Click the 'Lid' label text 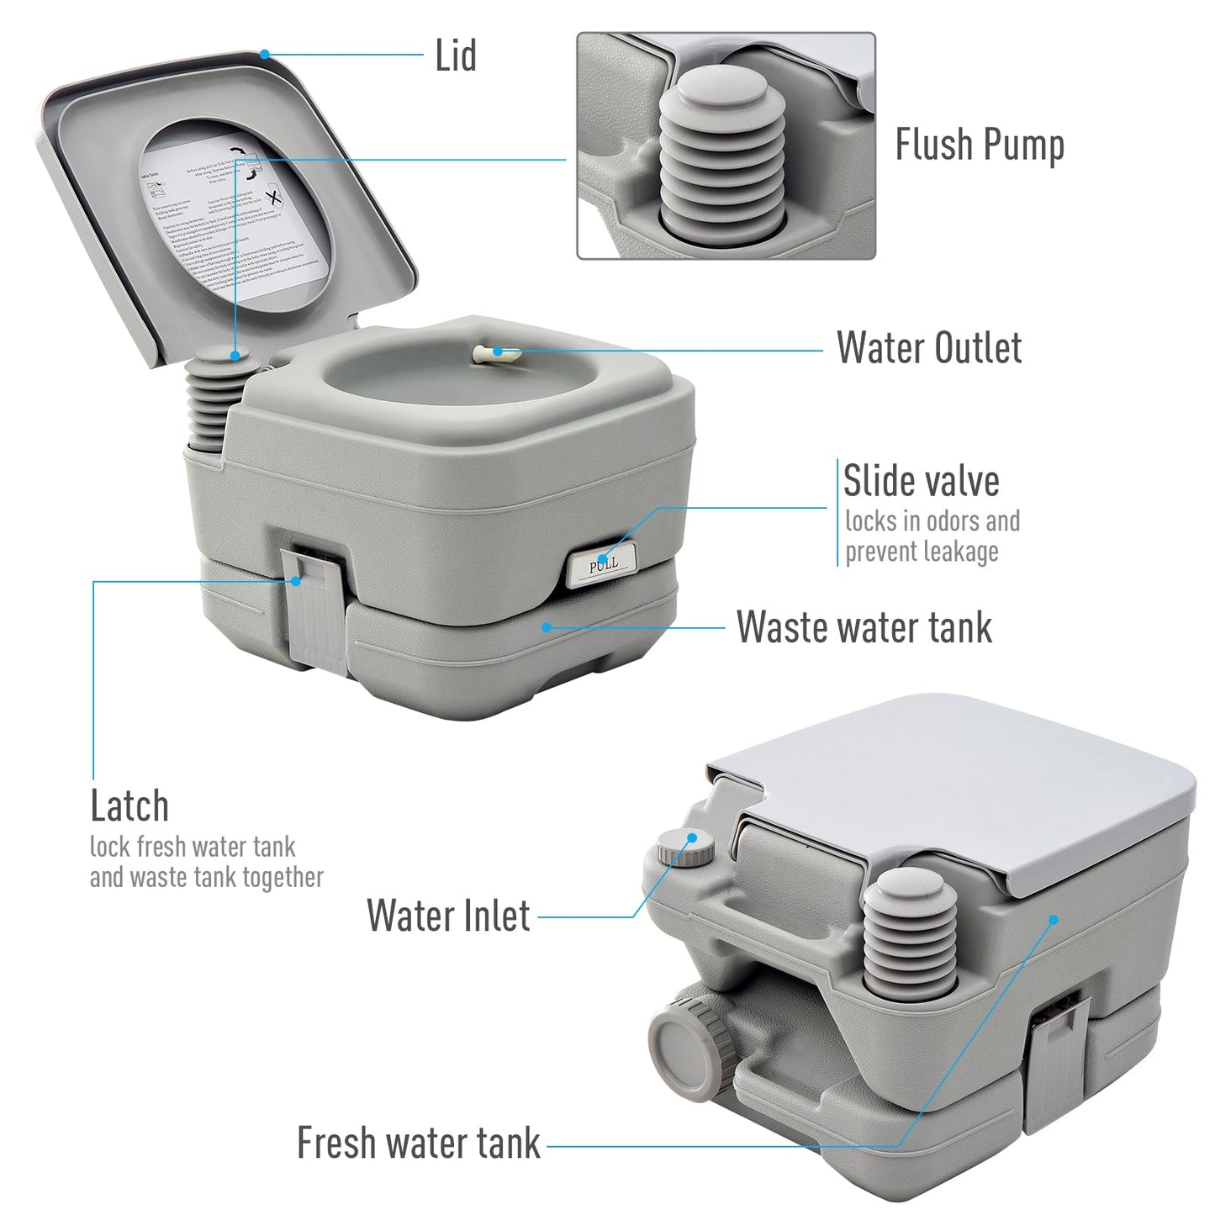pos(456,56)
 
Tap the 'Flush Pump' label pos(979,145)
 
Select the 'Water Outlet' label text pos(928,348)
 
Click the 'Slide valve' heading pos(921,482)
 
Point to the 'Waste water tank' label pos(864,627)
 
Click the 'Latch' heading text pos(129,806)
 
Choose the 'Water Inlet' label pos(448,916)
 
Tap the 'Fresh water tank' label pos(418,1144)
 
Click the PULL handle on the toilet pos(602,565)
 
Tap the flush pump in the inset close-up pos(721,156)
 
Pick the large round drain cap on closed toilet pos(683,1040)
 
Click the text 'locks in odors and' pos(932,521)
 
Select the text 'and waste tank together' pos(206,878)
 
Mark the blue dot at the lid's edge pos(264,55)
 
